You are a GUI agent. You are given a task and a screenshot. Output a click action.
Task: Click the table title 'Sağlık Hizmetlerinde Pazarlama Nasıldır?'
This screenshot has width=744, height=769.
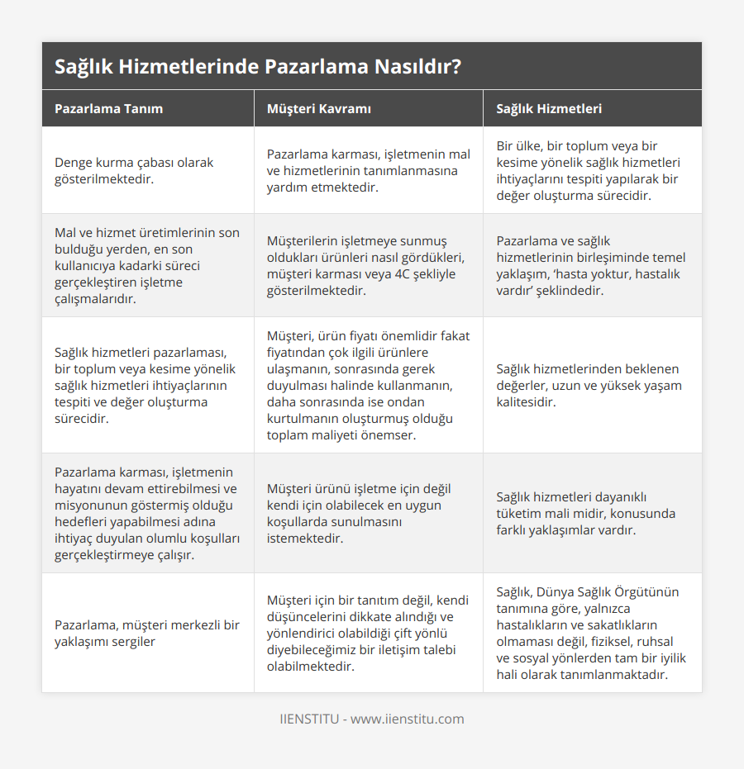tap(257, 67)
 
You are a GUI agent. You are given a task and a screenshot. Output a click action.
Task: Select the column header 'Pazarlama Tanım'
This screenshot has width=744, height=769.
tap(108, 108)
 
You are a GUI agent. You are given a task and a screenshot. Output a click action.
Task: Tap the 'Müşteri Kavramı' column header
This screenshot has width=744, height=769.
tap(318, 108)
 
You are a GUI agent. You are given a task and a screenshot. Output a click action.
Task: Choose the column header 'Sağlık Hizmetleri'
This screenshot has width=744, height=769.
tap(549, 108)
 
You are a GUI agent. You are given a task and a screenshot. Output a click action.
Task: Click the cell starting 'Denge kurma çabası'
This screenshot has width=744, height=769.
tap(134, 170)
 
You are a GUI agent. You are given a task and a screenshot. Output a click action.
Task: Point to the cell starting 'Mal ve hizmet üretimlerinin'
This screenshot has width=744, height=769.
tap(147, 265)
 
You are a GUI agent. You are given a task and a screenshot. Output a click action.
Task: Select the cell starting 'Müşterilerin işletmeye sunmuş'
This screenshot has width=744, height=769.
tap(367, 265)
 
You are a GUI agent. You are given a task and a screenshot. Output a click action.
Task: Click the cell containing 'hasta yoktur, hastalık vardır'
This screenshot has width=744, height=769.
tap(590, 265)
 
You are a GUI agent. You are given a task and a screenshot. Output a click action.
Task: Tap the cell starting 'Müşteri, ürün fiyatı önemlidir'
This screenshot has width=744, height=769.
tap(368, 385)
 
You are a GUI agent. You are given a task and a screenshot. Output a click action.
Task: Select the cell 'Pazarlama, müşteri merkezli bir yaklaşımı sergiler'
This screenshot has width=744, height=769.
tap(146, 633)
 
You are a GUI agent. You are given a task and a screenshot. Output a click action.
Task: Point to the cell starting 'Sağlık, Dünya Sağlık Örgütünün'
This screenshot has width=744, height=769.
tap(590, 633)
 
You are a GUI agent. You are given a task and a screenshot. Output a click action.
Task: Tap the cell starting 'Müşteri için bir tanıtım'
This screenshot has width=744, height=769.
tap(367, 633)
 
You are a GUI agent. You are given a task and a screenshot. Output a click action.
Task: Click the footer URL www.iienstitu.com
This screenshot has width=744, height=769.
tap(408, 719)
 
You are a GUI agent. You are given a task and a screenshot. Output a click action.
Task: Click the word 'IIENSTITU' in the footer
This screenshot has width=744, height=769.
tap(309, 719)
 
